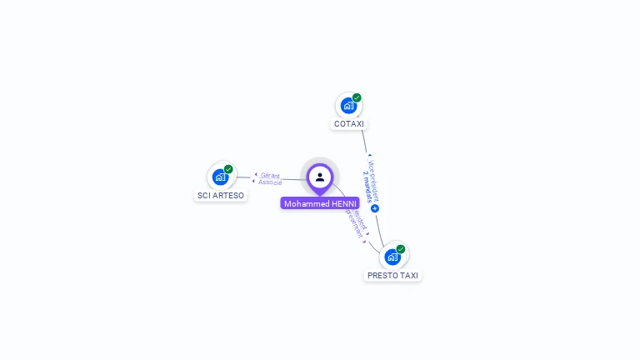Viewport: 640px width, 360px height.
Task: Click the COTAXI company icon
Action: (x=348, y=106)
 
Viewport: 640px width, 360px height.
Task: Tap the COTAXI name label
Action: (x=349, y=124)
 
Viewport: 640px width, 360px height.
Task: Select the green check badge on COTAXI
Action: (x=357, y=97)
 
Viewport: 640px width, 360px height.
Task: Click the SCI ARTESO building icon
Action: (x=220, y=177)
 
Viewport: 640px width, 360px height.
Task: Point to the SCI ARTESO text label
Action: (x=221, y=196)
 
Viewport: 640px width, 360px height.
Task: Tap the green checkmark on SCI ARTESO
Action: (x=228, y=169)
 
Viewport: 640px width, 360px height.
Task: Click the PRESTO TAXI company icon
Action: (x=392, y=257)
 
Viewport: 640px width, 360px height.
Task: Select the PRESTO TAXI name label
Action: (x=392, y=276)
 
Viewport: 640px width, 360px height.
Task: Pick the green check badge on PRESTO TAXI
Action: (x=401, y=249)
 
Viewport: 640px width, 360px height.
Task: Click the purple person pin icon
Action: (x=320, y=177)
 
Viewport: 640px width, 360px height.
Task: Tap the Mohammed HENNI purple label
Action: (x=320, y=203)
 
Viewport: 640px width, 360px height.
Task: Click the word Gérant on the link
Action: (x=270, y=175)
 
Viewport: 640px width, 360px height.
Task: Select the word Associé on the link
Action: (x=270, y=182)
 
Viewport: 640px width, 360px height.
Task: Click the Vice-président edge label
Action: (x=373, y=177)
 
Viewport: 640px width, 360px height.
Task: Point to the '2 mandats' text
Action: (x=367, y=187)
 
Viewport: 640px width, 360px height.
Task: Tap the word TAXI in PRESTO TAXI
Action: (x=407, y=276)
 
